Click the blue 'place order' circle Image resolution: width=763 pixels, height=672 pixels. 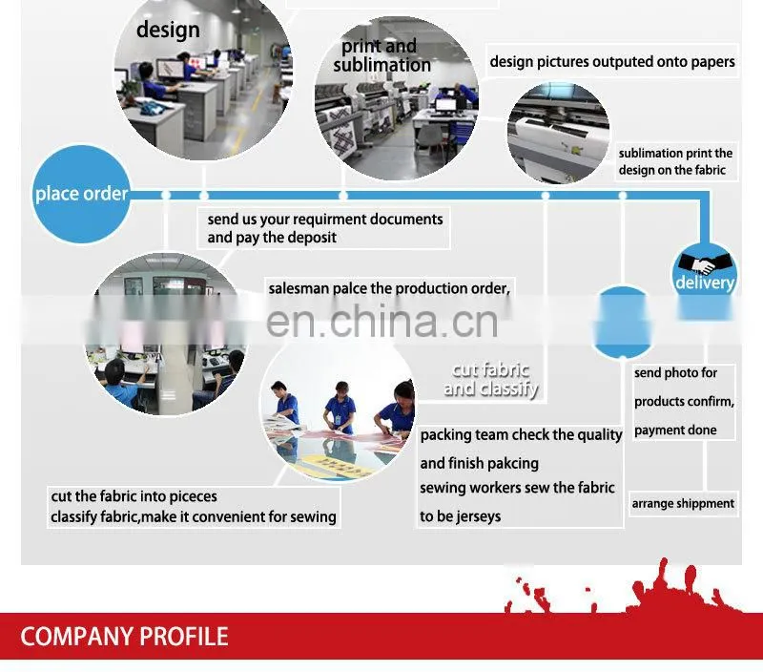pos(81,195)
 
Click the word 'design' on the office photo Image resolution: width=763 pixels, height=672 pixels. pos(168,31)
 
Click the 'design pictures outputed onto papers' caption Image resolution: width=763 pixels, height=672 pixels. pos(612,62)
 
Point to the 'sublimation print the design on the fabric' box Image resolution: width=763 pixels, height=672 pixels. pos(675,161)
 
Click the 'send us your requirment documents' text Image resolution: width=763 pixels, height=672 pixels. pos(325,220)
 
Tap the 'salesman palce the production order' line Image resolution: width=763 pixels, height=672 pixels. pos(389,289)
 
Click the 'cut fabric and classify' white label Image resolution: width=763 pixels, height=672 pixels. pos(490,379)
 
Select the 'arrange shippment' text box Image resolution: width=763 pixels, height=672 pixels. pos(683,503)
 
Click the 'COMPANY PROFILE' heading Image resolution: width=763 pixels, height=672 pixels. pos(124,637)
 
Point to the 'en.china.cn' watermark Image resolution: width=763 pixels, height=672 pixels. pos(382,321)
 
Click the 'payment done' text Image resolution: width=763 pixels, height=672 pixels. pos(675,430)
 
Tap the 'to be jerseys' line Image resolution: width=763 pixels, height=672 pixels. pos(461,516)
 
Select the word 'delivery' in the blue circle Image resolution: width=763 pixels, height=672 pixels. pos(705,283)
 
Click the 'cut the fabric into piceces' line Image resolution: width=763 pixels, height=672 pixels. pos(134,496)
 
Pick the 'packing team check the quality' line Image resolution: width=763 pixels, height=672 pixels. pos(521,435)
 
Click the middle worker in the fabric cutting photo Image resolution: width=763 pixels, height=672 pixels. pos(340,409)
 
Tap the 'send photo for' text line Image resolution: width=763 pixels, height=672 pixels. pos(675,373)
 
